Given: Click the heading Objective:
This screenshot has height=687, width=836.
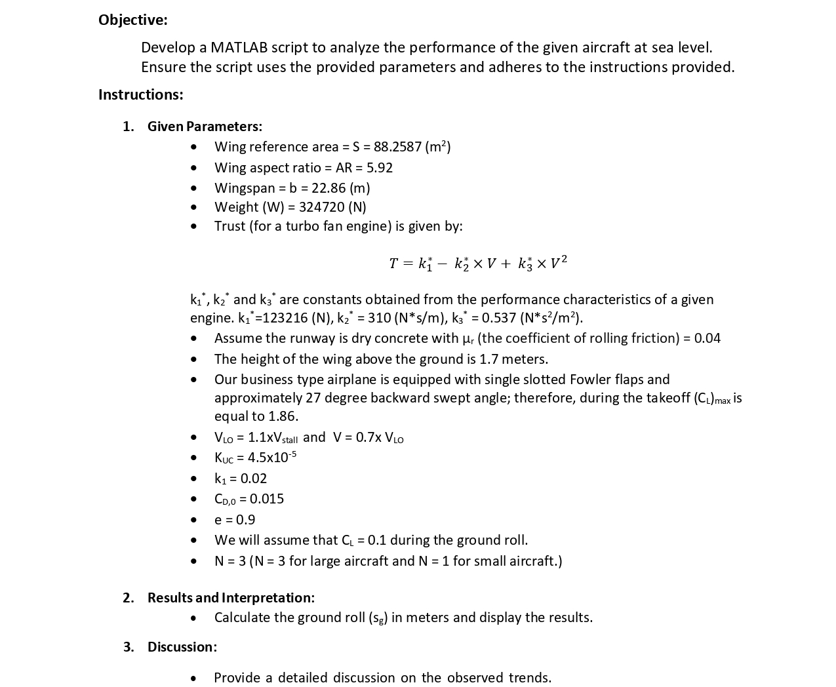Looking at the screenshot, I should point(133,20).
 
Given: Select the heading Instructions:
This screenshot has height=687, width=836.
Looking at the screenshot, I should point(140,94).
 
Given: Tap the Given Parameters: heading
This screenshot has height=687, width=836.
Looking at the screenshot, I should point(205,126).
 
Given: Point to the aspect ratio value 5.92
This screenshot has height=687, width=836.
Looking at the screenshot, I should point(380,168).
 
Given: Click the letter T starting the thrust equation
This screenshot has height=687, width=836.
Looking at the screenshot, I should point(393,264).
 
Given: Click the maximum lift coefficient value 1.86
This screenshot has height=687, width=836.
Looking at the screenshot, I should point(283,416).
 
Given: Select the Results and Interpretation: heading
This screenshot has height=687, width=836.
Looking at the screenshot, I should point(231,597).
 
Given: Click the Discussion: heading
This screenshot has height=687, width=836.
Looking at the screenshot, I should point(182,646).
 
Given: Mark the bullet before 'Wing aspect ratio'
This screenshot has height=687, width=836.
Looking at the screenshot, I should point(193,168).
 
